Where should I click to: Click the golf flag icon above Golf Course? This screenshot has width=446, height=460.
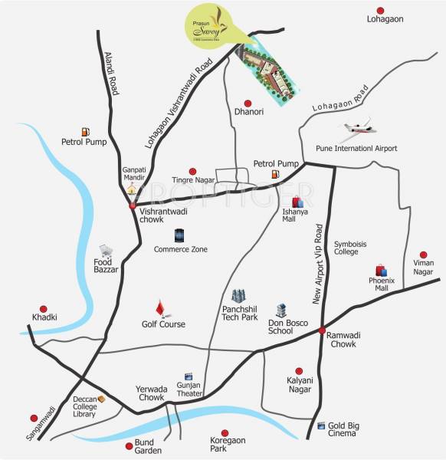click(x=160, y=308)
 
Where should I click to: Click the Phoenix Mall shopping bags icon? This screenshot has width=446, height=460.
click(x=381, y=270)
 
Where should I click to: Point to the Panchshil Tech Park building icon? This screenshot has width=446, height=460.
click(x=238, y=295)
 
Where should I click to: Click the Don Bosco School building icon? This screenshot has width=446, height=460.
click(x=281, y=310)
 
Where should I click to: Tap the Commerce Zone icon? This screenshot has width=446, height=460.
click(x=179, y=235)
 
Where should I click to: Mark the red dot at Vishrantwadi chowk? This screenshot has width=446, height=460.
click(x=133, y=205)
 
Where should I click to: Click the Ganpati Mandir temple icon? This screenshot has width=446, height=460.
click(x=132, y=188)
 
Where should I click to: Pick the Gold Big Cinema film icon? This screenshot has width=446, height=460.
click(x=320, y=425)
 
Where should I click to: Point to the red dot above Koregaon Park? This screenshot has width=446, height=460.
click(x=225, y=432)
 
